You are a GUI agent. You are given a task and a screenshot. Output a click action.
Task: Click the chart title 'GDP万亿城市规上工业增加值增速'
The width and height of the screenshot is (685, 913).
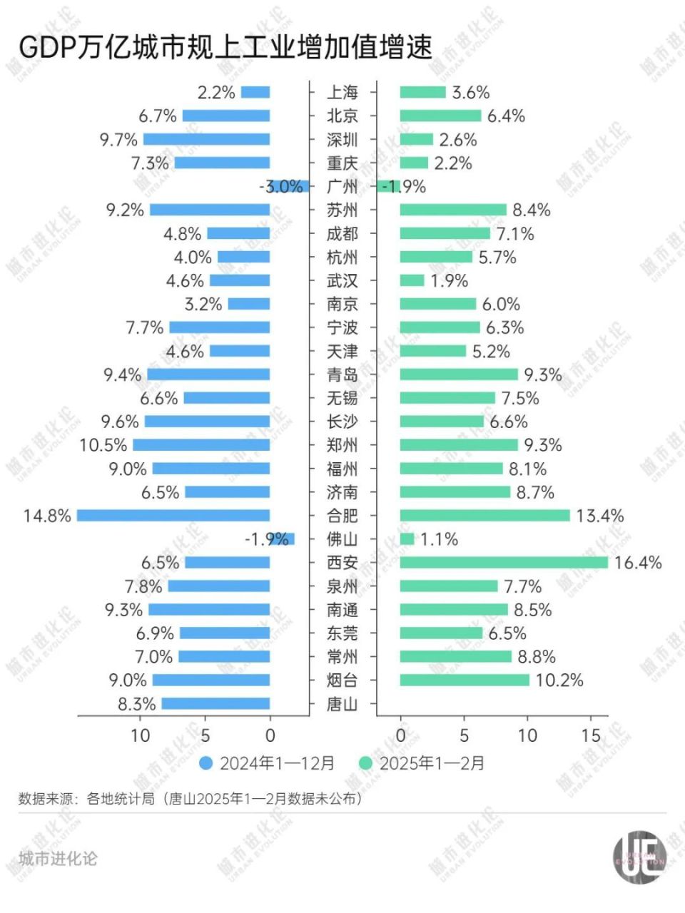point(225,47)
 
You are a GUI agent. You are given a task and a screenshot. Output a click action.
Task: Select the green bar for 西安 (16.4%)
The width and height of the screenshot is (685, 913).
point(504,563)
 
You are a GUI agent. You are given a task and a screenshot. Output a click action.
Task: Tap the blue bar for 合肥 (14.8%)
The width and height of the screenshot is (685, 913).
point(173,516)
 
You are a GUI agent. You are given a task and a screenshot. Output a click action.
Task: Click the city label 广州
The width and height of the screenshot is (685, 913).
point(342,187)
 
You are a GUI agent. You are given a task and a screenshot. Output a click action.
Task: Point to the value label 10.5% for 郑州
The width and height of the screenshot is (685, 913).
point(103,445)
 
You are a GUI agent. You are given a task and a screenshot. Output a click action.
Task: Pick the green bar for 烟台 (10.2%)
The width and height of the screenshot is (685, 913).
point(465,680)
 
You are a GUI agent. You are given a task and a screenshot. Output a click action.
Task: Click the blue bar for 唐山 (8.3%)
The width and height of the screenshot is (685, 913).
point(216,704)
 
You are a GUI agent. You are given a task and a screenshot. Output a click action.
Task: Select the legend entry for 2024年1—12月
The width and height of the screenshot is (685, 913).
point(268,763)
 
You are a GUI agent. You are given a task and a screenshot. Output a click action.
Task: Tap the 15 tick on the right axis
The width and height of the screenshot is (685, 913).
point(591,735)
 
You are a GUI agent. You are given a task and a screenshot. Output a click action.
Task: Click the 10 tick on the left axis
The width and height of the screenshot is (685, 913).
point(141,735)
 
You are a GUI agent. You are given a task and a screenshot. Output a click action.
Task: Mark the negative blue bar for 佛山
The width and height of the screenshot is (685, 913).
point(282,539)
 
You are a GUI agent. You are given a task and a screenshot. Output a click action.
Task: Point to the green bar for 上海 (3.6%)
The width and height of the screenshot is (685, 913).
point(422,93)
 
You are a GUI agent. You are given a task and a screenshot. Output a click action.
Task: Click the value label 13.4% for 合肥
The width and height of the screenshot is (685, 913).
point(599,516)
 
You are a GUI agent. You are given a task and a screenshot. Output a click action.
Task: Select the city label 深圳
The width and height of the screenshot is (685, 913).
point(342,140)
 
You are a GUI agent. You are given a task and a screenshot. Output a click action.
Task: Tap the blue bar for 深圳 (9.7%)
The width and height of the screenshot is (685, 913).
point(207,140)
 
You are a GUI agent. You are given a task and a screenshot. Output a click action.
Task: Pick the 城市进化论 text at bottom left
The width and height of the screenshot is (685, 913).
point(57,859)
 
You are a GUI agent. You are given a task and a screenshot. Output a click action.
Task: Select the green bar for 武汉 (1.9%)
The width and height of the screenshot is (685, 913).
point(412,281)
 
